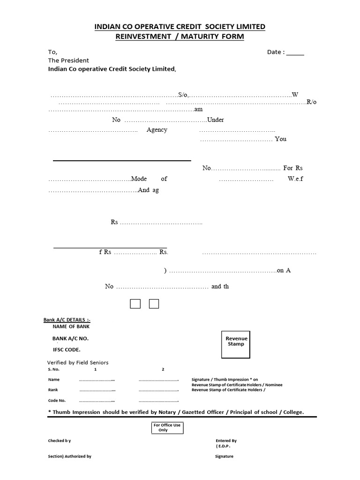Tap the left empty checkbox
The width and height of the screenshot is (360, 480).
point(135,304)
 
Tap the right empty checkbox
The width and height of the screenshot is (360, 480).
point(154,304)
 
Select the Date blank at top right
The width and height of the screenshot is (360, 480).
point(295,53)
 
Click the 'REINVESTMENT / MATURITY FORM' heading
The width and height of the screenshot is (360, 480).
point(180,36)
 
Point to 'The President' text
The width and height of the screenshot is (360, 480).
point(68,60)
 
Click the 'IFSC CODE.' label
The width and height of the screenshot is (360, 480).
point(67,350)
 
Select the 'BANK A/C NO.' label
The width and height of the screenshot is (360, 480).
point(70,338)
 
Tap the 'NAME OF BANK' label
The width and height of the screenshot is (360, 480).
point(71,326)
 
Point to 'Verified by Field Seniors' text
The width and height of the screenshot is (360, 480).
point(78,362)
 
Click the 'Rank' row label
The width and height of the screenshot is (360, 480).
point(53,390)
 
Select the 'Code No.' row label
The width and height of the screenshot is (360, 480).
point(57,401)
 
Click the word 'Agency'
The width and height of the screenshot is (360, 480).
point(157,130)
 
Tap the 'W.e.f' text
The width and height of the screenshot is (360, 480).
point(295,179)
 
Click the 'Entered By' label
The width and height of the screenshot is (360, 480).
point(226,441)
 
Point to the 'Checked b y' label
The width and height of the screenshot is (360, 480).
point(60,441)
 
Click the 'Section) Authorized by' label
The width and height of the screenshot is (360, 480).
point(69,456)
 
